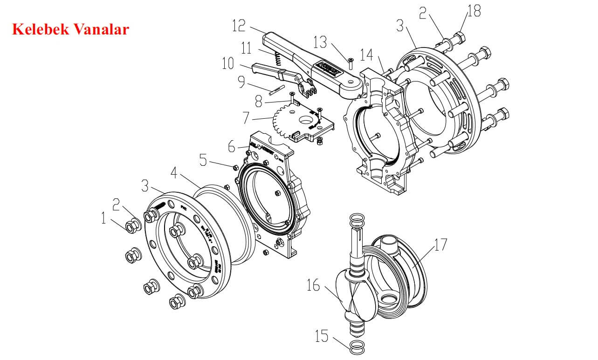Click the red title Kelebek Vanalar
[x=70, y=29]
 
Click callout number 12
[x=239, y=25]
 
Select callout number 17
[x=440, y=244]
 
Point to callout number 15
[x=322, y=336]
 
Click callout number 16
[x=313, y=285]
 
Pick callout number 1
[x=104, y=218]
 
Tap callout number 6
[x=232, y=146]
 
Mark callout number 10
[x=228, y=64]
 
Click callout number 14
[x=367, y=55]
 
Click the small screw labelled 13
[x=351, y=61]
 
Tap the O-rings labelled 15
[x=357, y=346]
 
